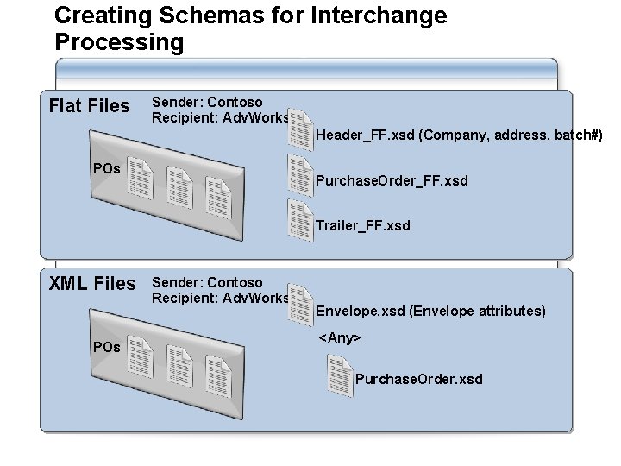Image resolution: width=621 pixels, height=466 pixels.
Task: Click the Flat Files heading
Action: (90, 106)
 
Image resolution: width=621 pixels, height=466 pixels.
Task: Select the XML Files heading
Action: (92, 284)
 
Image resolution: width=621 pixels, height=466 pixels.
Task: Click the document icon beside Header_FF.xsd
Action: (301, 129)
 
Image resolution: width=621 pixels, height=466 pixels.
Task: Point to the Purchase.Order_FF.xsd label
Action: (392, 180)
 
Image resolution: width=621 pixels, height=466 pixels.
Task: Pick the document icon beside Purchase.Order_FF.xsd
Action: (301, 175)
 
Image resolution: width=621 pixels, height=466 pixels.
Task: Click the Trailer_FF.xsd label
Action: (363, 225)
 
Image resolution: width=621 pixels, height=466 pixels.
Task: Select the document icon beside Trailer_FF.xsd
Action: (301, 220)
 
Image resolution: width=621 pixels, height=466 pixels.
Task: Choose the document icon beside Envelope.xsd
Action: (301, 305)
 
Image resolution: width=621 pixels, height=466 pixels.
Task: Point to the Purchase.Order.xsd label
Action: (419, 379)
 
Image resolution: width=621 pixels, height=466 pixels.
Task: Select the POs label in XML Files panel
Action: (106, 346)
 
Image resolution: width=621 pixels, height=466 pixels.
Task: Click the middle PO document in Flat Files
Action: (179, 187)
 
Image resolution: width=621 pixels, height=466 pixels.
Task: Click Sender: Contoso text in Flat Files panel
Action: (207, 103)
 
